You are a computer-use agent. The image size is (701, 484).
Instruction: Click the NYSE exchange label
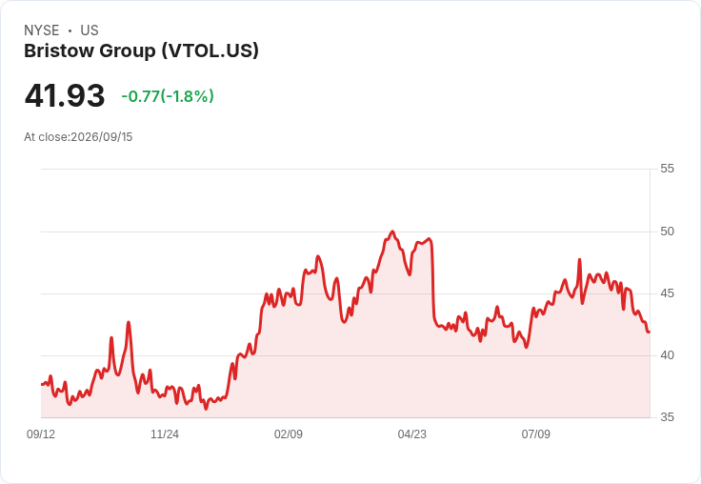coord(42,30)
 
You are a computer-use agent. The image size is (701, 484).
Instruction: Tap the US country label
coord(90,30)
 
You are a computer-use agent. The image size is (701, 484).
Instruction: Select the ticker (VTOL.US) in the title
coord(210,51)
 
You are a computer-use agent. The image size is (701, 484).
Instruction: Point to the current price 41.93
coord(65,95)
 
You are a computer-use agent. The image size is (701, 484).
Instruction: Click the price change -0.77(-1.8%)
coord(168,96)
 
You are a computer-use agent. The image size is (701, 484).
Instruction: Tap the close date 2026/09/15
coord(102,137)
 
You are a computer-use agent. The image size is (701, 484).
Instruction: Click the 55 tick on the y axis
coord(667,169)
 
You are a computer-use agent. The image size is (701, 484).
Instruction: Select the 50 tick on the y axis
coord(667,232)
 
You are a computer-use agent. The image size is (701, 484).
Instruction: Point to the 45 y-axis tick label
coord(667,293)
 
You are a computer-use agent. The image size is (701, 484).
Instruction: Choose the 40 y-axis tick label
coord(667,355)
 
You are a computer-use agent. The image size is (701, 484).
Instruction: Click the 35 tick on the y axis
coord(667,417)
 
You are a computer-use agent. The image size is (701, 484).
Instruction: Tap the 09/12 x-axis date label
coord(41,434)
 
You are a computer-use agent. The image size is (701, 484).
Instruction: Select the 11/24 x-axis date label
coord(165,434)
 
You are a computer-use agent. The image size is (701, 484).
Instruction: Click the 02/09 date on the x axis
coord(289,434)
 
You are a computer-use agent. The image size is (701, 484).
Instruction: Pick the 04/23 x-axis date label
coord(412,434)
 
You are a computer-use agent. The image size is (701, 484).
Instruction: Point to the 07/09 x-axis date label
coord(536,434)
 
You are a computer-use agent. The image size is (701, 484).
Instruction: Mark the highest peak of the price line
coord(392,232)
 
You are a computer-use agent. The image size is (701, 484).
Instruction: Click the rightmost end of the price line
coord(650,332)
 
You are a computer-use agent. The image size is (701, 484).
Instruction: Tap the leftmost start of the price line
coord(42,384)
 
